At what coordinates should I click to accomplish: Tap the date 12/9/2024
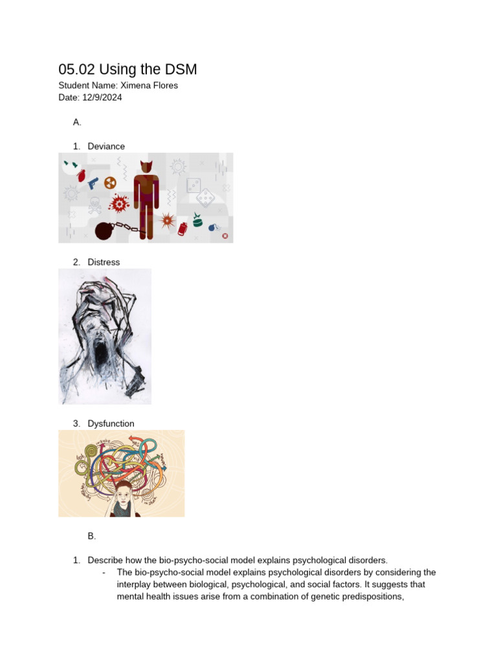click(x=102, y=98)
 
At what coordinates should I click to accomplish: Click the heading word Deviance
click(x=106, y=146)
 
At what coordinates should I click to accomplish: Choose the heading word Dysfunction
click(x=111, y=423)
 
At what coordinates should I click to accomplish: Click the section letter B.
click(x=91, y=536)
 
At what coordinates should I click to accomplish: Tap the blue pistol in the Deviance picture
click(x=93, y=183)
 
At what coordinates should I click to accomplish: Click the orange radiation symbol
click(x=110, y=183)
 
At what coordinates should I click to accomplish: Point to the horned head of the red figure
click(x=147, y=166)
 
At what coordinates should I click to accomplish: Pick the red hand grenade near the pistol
click(x=82, y=175)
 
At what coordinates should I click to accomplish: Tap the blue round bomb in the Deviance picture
click(x=212, y=227)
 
